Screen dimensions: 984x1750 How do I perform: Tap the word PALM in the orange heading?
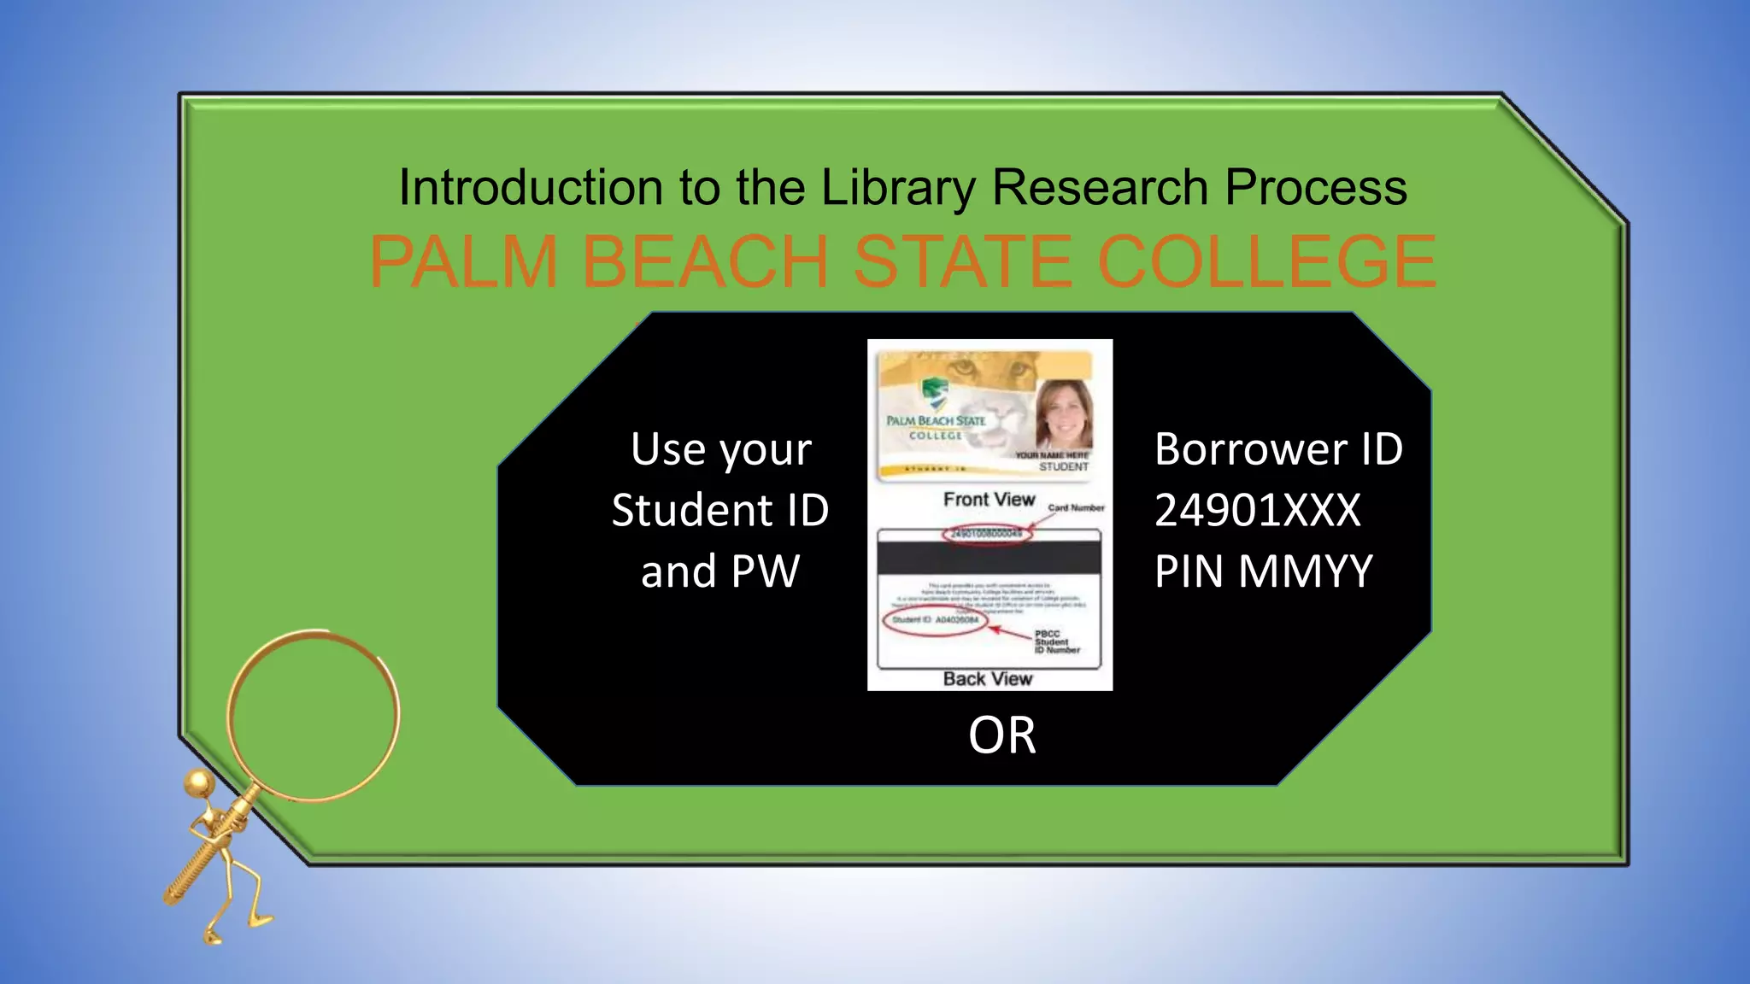click(x=463, y=261)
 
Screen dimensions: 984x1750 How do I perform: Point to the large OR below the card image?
click(x=1001, y=735)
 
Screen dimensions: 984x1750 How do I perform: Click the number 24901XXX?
click(x=1257, y=511)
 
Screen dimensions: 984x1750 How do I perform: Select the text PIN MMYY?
click(x=1263, y=571)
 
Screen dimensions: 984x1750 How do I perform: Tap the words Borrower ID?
click(x=1278, y=449)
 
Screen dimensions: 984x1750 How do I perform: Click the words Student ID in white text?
click(x=720, y=511)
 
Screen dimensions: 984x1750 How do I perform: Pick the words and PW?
click(x=720, y=571)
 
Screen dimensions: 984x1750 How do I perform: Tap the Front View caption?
click(x=989, y=500)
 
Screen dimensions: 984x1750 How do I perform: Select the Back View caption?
click(x=988, y=679)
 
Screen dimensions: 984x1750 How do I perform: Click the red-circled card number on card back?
click(x=986, y=534)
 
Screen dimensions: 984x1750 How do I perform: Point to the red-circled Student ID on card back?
click(x=935, y=620)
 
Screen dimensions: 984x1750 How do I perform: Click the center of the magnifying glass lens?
click(x=313, y=715)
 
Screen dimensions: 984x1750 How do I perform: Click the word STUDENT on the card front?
click(x=1064, y=467)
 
